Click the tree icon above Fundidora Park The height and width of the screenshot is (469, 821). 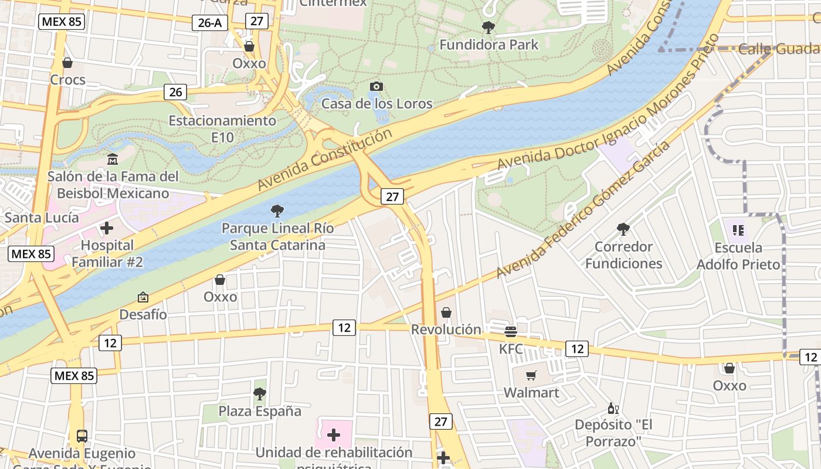pos(487,27)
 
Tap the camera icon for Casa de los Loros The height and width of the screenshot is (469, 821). pos(376,87)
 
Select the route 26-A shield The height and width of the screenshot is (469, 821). pos(209,23)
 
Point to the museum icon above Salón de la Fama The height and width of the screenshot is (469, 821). pos(113,159)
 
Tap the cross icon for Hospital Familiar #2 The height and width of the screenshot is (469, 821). pos(107,227)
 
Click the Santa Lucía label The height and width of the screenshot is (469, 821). pos(42,217)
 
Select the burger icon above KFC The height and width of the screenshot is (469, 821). pos(510,332)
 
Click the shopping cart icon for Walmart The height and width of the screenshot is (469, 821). pos(531,375)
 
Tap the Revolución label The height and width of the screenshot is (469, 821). pos(446,329)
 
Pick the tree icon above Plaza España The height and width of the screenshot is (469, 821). pos(259,393)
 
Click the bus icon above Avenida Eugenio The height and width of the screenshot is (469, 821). pos(82,436)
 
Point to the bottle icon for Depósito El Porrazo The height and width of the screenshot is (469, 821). pos(613,408)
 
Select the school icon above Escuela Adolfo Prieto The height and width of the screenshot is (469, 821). pos(738,230)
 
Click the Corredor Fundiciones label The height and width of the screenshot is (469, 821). pos(623,255)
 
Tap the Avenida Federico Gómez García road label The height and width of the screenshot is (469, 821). pos(583,209)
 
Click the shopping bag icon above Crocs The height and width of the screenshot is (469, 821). pos(67,63)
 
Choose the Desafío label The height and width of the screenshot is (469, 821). pos(143,314)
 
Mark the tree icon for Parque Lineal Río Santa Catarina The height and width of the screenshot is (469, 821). pos(277,210)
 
